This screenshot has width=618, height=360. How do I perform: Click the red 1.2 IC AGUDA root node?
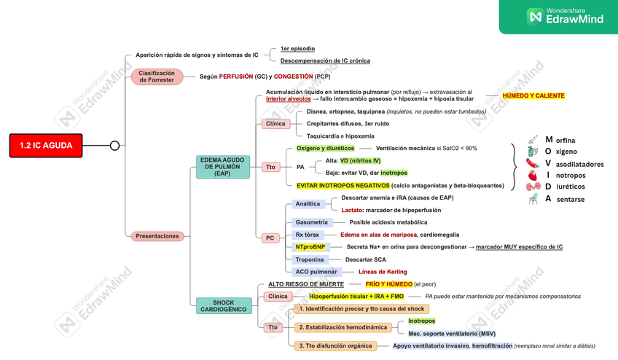[x=45, y=146]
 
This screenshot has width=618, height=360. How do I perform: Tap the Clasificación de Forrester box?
[x=157, y=77]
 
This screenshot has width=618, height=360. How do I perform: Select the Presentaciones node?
[x=157, y=236]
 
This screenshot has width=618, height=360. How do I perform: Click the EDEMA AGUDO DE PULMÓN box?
[x=222, y=166]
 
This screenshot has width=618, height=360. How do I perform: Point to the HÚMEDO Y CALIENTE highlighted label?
[x=533, y=96]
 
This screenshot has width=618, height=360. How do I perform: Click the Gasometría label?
[x=311, y=222]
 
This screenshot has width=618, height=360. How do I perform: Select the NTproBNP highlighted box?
[x=310, y=247]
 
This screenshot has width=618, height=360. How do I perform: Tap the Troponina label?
[x=310, y=259]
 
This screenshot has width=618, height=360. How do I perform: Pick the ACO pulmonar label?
[x=316, y=272]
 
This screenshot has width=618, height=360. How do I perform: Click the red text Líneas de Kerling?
[x=383, y=272]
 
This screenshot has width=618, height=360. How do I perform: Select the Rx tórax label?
[x=307, y=235]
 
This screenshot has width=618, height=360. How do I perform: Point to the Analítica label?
[x=308, y=204]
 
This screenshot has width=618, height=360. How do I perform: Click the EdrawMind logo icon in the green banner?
[x=535, y=16]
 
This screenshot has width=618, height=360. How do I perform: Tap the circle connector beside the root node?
[x=114, y=146]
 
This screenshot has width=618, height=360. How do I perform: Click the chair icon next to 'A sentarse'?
[x=533, y=199]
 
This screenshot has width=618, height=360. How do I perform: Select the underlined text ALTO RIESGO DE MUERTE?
[x=306, y=284]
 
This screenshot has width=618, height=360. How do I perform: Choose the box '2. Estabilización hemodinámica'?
[x=342, y=327]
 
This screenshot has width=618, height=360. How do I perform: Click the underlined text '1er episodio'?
[x=297, y=49]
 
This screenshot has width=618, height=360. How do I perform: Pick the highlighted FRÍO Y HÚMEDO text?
[x=388, y=284]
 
